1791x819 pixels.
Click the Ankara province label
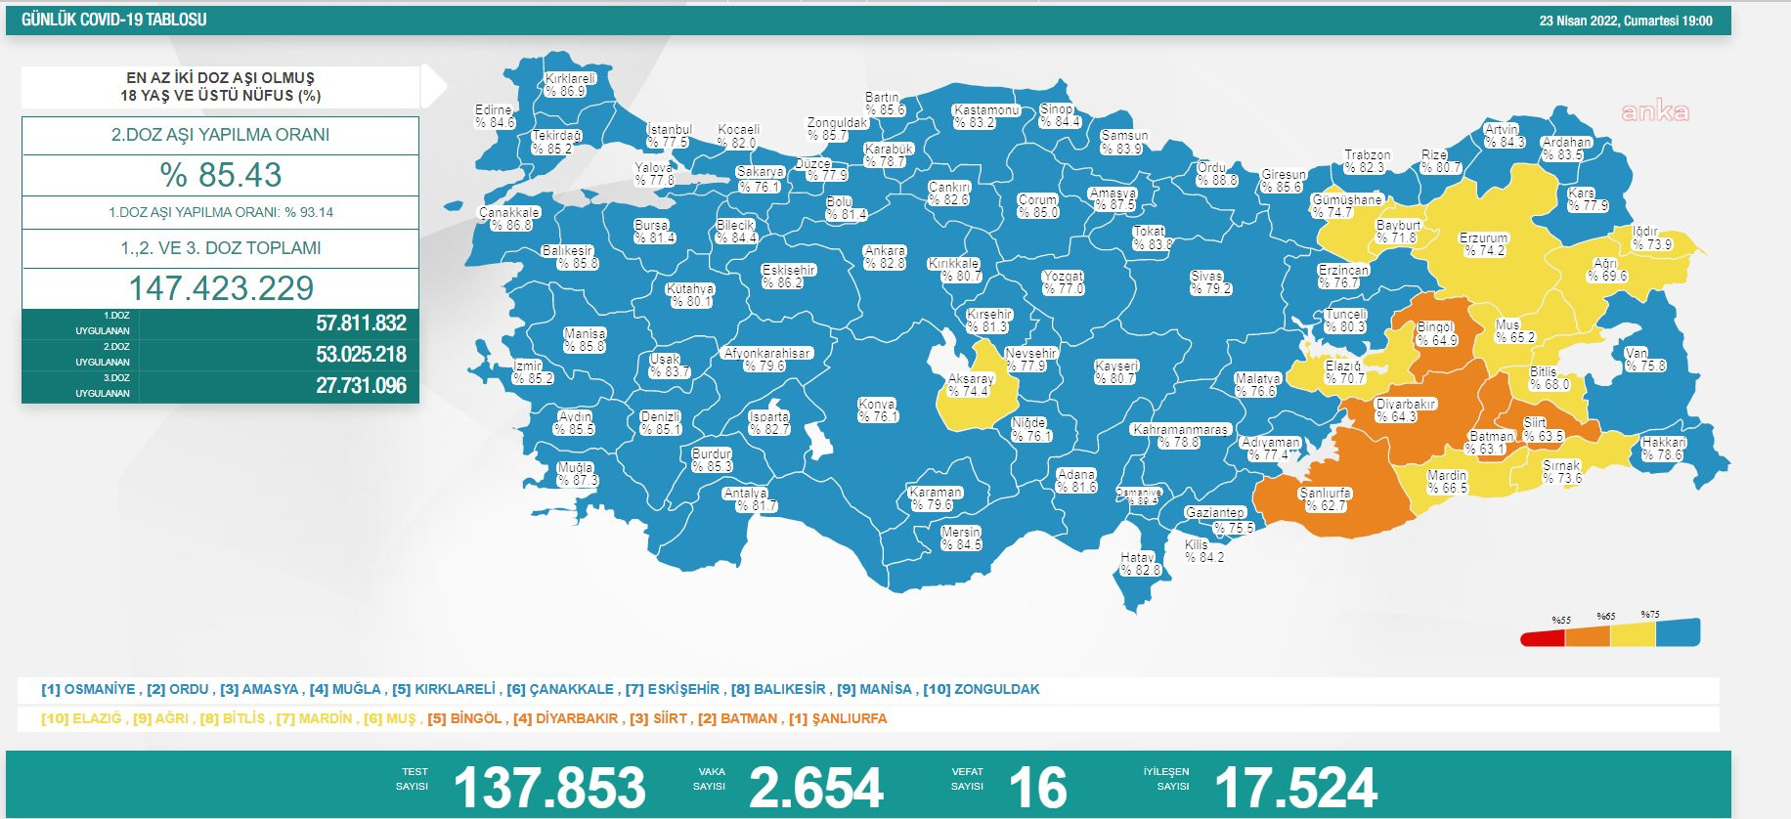click(885, 257)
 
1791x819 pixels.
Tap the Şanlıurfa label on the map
click(1326, 499)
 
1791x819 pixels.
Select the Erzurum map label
click(1483, 244)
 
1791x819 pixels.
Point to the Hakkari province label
click(1663, 449)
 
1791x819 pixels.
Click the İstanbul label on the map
click(669, 136)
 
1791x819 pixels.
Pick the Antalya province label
click(749, 499)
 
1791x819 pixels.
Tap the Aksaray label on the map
click(970, 385)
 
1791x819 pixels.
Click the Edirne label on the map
click(494, 116)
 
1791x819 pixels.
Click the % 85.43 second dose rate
click(221, 175)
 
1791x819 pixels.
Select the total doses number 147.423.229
click(221, 288)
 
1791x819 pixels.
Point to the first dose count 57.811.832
click(361, 323)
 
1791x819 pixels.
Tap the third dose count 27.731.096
click(361, 386)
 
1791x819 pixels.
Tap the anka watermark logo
click(1654, 111)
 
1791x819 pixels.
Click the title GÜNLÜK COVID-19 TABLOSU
click(114, 20)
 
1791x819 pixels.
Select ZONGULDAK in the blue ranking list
click(996, 689)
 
